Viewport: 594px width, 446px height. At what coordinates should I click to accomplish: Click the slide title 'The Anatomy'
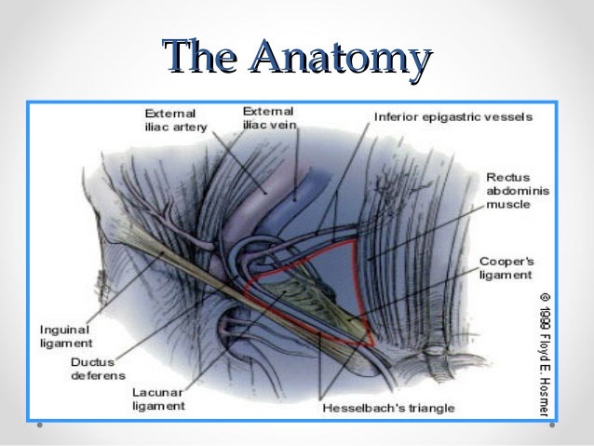(296, 57)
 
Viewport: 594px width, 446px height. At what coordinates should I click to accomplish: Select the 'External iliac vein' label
(268, 118)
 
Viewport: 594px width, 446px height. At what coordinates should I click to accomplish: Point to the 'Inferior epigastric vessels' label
(452, 118)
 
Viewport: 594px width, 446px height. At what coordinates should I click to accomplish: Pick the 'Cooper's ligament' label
(505, 268)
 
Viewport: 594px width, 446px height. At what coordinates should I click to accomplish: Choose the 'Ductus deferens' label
(94, 369)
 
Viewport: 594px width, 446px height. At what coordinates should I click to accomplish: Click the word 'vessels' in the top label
(509, 118)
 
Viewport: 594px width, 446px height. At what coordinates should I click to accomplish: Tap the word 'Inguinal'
(64, 330)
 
